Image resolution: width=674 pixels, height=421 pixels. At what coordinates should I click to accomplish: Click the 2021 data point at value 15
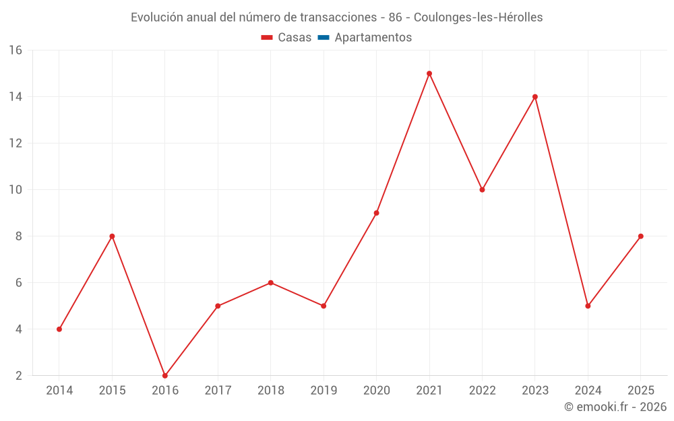[x=429, y=73]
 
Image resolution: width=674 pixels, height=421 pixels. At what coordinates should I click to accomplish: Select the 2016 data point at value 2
[x=164, y=375]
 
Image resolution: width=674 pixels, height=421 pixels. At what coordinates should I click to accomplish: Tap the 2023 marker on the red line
[x=534, y=96]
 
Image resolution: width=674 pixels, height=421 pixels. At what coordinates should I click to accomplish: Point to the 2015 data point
[x=112, y=236]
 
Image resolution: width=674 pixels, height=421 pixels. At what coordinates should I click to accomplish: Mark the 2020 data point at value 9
[x=376, y=213]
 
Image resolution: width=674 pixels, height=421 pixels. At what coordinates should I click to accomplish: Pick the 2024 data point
[x=588, y=306]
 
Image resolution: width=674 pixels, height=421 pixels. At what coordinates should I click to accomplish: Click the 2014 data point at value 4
[x=59, y=329]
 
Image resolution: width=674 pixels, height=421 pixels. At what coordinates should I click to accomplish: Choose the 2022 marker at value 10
[x=482, y=189]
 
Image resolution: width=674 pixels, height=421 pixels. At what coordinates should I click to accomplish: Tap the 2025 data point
[x=640, y=236]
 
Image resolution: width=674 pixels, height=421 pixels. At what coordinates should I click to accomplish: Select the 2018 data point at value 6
[x=270, y=283]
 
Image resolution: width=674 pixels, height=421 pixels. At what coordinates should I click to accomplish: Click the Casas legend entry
[x=286, y=37]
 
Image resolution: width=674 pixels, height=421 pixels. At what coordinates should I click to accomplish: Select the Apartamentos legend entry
[x=365, y=37]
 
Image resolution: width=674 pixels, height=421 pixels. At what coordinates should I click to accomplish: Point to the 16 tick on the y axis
[x=16, y=51]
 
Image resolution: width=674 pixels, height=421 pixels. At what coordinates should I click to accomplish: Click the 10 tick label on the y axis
[x=16, y=189]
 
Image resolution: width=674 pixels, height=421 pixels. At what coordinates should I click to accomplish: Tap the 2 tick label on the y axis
[x=18, y=375]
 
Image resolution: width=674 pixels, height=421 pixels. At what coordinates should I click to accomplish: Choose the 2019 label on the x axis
[x=324, y=390]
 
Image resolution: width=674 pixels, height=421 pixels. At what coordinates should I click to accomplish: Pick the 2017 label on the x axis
[x=218, y=390]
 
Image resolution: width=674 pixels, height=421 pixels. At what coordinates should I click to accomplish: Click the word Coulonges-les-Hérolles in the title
[x=478, y=18]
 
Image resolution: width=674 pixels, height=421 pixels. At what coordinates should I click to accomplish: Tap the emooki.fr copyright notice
[x=615, y=406]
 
